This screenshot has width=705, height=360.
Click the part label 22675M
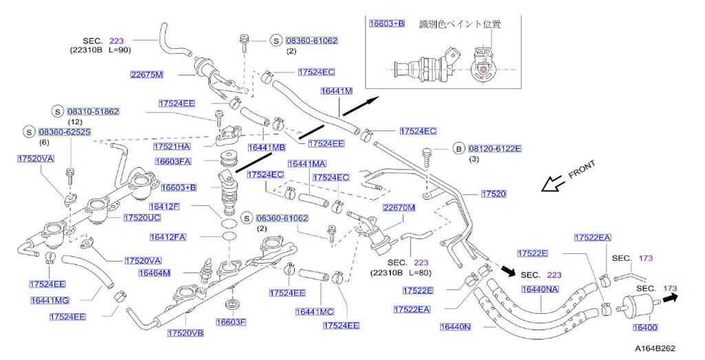pos(147,74)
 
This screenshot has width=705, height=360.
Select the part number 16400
pos(644,328)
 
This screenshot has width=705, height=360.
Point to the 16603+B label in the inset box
pos(387,23)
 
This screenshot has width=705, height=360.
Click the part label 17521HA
pos(171,147)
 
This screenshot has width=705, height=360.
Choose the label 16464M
pos(155,273)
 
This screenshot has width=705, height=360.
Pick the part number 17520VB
pos(185,333)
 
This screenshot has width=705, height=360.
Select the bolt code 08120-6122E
pos(495,148)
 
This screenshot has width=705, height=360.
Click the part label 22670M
pos(399,207)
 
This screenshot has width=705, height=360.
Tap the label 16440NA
pos(539,289)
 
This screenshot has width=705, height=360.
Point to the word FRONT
pos(582,170)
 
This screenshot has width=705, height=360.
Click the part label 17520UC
pos(142,218)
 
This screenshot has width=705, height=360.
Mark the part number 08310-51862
pos(94,111)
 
